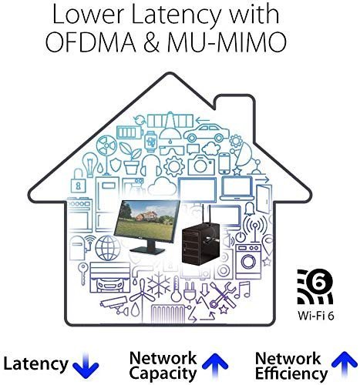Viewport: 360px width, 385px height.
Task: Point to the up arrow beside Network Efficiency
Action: pos(345,364)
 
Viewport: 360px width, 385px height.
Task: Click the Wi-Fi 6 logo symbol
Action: pos(315,286)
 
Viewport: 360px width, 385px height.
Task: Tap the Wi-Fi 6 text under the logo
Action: pos(316,316)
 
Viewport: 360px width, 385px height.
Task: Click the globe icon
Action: pos(108,248)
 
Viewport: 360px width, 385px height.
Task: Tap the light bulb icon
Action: pos(89,165)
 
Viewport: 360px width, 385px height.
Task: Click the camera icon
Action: pos(201,165)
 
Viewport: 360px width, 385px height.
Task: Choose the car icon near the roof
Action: pos(207,133)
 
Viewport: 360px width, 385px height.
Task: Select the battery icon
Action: pos(130,133)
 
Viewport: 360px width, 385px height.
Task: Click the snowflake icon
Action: pos(159,284)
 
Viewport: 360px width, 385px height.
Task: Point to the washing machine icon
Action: pos(248,262)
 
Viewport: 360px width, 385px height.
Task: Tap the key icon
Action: pos(83,273)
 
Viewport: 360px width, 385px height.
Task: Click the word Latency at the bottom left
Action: pos(35,364)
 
